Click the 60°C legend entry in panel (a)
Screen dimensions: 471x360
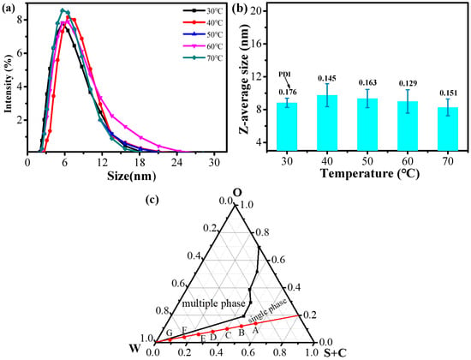203,46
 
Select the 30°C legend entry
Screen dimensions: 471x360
203,10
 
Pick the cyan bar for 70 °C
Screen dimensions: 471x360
448,129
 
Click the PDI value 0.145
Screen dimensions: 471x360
327,79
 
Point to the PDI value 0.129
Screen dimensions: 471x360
408,83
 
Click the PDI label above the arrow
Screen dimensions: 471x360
283,75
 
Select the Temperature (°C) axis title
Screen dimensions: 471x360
369,173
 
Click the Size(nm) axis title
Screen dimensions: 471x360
131,176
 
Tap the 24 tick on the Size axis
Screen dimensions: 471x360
177,162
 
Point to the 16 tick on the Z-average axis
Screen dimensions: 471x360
258,44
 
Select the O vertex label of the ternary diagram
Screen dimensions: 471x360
237,193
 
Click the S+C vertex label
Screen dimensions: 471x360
335,353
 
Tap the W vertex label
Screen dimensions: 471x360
134,349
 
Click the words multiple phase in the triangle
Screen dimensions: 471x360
214,303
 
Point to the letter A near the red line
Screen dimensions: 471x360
255,331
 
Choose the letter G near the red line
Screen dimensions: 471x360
169,333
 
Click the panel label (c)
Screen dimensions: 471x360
152,200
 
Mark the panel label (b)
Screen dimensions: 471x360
240,9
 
